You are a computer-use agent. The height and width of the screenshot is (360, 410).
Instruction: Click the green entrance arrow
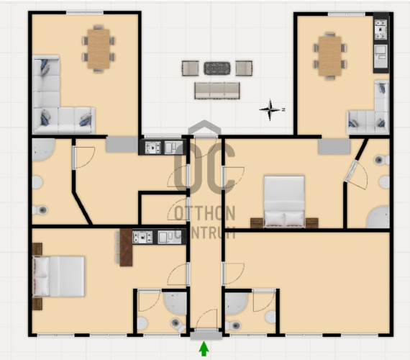tap(204, 349)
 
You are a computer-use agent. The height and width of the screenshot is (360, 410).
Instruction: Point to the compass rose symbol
tap(270, 109)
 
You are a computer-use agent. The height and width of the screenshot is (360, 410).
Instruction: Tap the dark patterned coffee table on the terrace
tap(217, 68)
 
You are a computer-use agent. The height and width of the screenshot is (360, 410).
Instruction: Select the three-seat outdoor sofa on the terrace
tap(217, 91)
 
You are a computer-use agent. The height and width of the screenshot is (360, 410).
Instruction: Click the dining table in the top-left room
tap(99, 49)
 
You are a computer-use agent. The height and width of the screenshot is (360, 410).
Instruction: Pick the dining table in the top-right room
tap(330, 56)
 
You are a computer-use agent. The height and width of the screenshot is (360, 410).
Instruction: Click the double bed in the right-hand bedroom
tap(284, 202)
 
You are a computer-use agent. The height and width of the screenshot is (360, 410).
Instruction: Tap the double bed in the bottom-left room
tap(58, 276)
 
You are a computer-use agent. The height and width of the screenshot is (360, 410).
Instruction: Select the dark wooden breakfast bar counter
tap(126, 248)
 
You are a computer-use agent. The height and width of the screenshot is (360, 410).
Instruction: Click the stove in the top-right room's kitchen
tap(381, 30)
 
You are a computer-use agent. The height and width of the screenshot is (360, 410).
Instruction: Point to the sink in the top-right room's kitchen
tap(381, 55)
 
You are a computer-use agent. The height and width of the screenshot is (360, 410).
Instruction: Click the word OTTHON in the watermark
tap(205, 213)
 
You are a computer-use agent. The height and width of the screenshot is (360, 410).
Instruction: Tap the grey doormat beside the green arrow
tap(206, 336)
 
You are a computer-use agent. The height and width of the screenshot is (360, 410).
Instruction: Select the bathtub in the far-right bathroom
tap(378, 217)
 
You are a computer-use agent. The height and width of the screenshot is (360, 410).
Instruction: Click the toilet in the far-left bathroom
tap(40, 210)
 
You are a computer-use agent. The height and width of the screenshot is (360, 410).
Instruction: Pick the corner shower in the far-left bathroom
tap(43, 150)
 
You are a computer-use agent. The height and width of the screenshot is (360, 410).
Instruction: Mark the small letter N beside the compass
tap(283, 109)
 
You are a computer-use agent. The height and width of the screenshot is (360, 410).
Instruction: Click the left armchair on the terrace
tap(190, 68)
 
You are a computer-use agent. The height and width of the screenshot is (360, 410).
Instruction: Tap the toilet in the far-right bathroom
tap(382, 160)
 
